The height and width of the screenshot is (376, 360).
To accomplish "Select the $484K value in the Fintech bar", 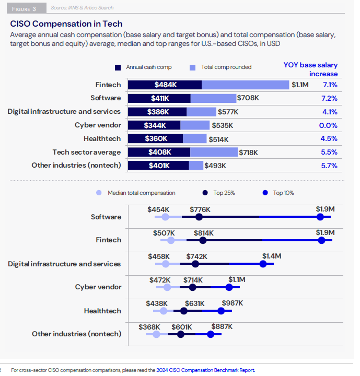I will coord(165,85).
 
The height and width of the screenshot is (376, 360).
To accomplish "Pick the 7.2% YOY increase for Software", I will coord(330,98).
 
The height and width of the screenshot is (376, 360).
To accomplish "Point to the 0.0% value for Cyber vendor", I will coord(330,125).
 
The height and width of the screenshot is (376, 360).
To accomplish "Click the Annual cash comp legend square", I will coord(118,67).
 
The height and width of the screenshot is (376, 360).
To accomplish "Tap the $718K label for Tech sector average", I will coord(249,152).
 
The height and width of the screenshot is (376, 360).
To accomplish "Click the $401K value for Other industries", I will coord(159,166).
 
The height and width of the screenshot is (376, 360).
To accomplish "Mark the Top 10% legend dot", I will coord(265,193).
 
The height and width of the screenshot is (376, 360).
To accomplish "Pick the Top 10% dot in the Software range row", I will coord(324,217).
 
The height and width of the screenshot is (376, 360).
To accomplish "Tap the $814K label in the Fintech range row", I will coord(204,233).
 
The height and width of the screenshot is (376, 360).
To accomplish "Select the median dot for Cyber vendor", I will coord(167,287).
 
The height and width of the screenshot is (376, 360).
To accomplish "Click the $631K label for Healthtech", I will coord(194,303).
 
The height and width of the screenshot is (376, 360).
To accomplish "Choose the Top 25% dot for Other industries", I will coord(181,334).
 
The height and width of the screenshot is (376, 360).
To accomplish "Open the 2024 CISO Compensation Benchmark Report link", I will coord(205,370).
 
